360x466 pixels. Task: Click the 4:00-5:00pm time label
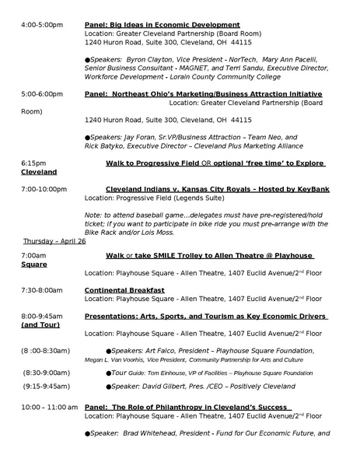[42, 25]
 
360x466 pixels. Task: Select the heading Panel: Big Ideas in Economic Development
[162, 25]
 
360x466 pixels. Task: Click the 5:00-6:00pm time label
[42, 93]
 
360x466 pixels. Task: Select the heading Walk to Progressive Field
[161, 163]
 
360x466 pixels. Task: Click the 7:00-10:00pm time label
[44, 189]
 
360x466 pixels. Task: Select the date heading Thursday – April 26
[55, 240]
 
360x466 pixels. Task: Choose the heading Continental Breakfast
[124, 290]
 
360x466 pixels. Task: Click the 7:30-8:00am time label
[42, 290]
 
